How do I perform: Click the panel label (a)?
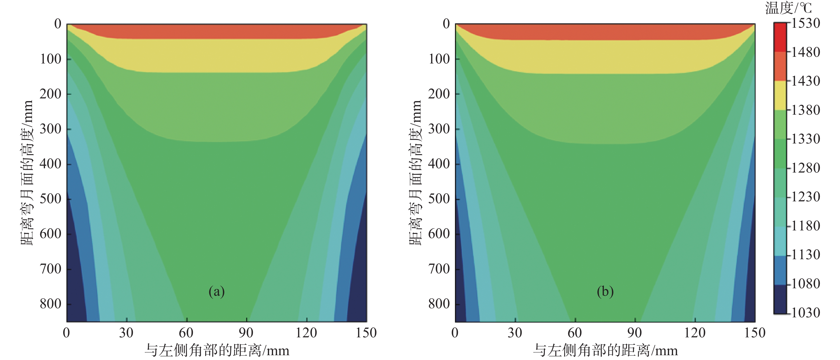[217, 291]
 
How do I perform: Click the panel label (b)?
[605, 291]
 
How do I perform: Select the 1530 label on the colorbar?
[805, 23]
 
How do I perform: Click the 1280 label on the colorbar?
[805, 168]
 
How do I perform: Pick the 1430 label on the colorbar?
[805, 81]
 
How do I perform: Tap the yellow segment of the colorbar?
[780, 95]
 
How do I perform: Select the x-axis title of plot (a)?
[217, 351]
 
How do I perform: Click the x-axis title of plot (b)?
[606, 351]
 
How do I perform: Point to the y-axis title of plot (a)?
[27, 173]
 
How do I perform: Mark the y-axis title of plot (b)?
[415, 173]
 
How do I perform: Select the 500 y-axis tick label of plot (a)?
[51, 199]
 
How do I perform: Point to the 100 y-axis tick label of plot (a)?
[51, 59]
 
